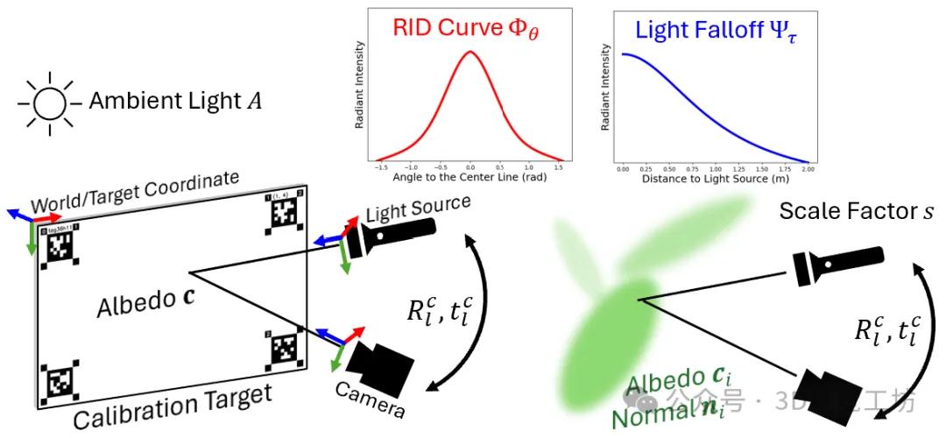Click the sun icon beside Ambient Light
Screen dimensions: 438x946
tap(50, 103)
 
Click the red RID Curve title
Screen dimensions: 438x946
tap(469, 30)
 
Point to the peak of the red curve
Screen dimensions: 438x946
tap(470, 52)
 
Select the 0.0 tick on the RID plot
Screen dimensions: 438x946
tap(470, 166)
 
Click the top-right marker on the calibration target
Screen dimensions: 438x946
tap(283, 211)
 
